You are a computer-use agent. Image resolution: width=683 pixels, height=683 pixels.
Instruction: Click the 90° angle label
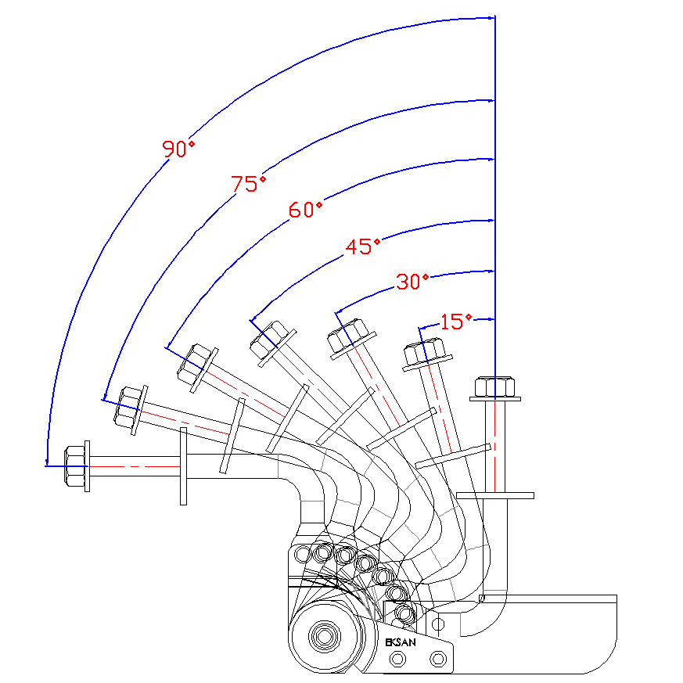click(178, 148)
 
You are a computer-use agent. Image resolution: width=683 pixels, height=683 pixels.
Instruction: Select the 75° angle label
click(248, 184)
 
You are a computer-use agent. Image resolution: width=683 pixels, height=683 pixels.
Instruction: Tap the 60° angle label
click(305, 210)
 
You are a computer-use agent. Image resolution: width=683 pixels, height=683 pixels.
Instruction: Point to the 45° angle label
click(362, 246)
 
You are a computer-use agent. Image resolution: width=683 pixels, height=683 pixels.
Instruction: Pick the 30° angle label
click(412, 282)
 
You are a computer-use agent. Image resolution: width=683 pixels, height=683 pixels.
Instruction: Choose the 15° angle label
click(456, 321)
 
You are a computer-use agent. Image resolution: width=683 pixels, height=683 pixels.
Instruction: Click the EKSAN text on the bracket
click(401, 642)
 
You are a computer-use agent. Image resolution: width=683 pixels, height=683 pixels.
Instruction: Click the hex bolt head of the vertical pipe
click(494, 386)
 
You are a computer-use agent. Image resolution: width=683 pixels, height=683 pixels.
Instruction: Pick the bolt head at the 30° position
click(347, 336)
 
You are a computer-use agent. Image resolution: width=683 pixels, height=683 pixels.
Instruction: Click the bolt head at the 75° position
click(129, 405)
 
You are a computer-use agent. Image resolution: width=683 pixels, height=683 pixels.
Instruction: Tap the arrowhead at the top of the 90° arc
click(491, 17)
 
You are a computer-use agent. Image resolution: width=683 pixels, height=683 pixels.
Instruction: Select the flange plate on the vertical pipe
click(494, 495)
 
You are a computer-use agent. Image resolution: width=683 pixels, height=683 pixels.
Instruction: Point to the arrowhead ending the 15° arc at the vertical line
click(491, 319)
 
